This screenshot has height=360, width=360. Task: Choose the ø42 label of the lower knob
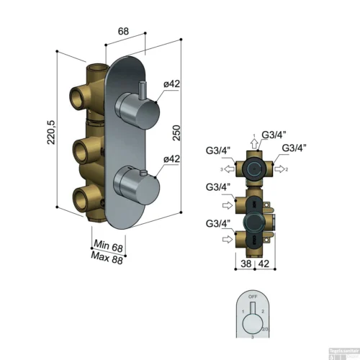[171, 159]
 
